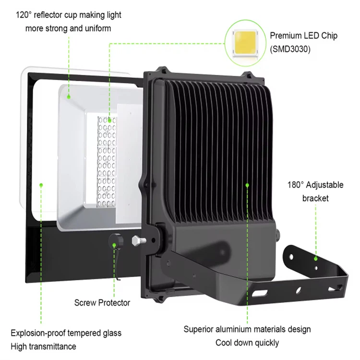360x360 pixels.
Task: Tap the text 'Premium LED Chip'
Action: click(303, 36)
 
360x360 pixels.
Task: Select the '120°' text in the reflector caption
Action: click(25, 15)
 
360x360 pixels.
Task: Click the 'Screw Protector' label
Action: click(102, 302)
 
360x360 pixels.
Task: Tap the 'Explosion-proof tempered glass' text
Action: click(66, 333)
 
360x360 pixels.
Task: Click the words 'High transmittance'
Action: click(43, 346)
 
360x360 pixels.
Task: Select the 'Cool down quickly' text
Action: click(247, 343)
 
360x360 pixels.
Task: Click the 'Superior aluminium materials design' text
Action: click(247, 329)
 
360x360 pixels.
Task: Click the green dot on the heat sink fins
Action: click(248, 184)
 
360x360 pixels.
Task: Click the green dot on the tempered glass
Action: click(42, 184)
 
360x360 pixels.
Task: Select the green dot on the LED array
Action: click(109, 120)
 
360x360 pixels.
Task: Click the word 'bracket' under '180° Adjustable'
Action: click(315, 198)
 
